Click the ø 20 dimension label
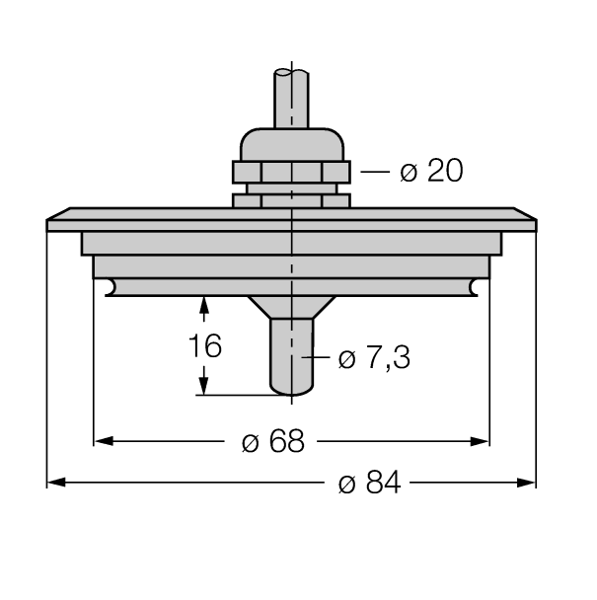[430, 171]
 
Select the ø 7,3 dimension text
[375, 357]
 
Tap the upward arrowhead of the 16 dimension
[204, 307]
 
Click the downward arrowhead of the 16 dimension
[204, 386]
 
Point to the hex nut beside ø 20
[292, 171]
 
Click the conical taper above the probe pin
[292, 307]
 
